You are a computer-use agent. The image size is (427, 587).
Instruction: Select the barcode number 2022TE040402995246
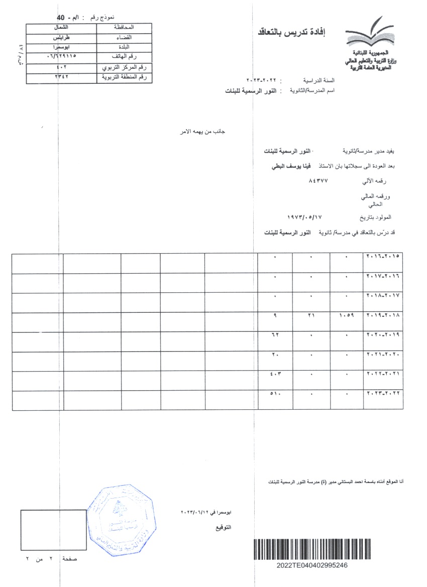point(311,565)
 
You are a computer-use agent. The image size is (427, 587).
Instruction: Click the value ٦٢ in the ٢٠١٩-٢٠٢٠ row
point(275,335)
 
